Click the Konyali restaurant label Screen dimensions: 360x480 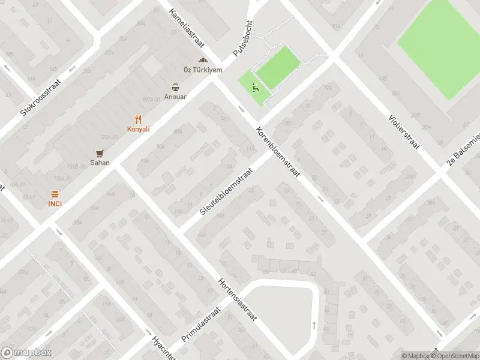[x=138, y=129]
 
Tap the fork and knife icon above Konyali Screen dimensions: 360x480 [x=138, y=119]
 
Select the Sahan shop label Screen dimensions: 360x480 [x=100, y=162]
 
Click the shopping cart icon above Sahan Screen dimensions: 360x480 [x=100, y=152]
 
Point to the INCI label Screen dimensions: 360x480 [x=55, y=203]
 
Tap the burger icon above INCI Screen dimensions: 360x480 [x=55, y=193]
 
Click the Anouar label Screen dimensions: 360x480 [x=176, y=97]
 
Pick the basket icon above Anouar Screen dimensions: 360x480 [x=176, y=87]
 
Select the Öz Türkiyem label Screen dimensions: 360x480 [x=203, y=70]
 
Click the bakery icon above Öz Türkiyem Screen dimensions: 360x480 [x=203, y=61]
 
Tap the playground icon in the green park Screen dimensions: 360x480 [x=255, y=88]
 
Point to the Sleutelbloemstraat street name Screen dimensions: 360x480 [x=227, y=189]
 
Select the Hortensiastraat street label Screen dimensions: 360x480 [x=238, y=299]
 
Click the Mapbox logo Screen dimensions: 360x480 [x=26, y=353]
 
